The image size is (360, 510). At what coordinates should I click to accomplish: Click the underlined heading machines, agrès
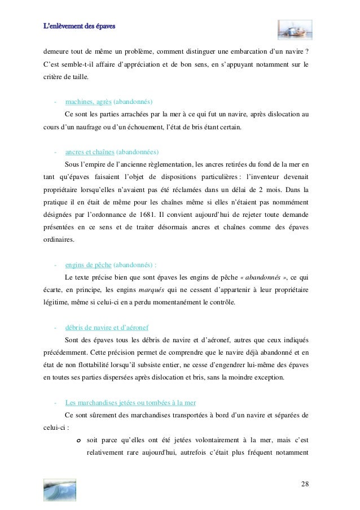coord(89,102)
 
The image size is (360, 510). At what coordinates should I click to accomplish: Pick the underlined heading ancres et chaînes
coord(90,152)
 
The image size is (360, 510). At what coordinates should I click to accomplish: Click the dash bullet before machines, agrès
coord(55,102)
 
